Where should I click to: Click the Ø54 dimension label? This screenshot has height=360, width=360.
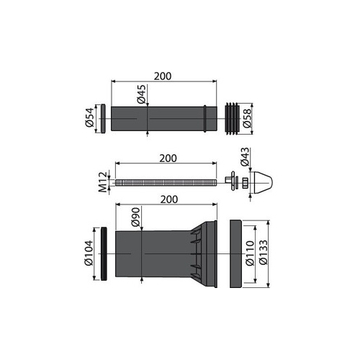coord(89,117)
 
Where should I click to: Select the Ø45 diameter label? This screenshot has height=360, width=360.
coord(142,94)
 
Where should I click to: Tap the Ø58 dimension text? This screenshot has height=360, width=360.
coord(247,118)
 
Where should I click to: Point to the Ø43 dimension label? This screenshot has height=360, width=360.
coord(245,157)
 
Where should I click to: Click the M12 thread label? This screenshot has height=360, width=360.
coord(103,182)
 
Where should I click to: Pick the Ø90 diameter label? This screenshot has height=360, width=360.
coord(135,217)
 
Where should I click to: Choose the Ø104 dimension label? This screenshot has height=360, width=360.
coord(89,253)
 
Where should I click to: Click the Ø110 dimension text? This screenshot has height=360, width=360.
coord(250,253)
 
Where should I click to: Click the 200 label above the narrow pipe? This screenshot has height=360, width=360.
coord(163,76)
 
